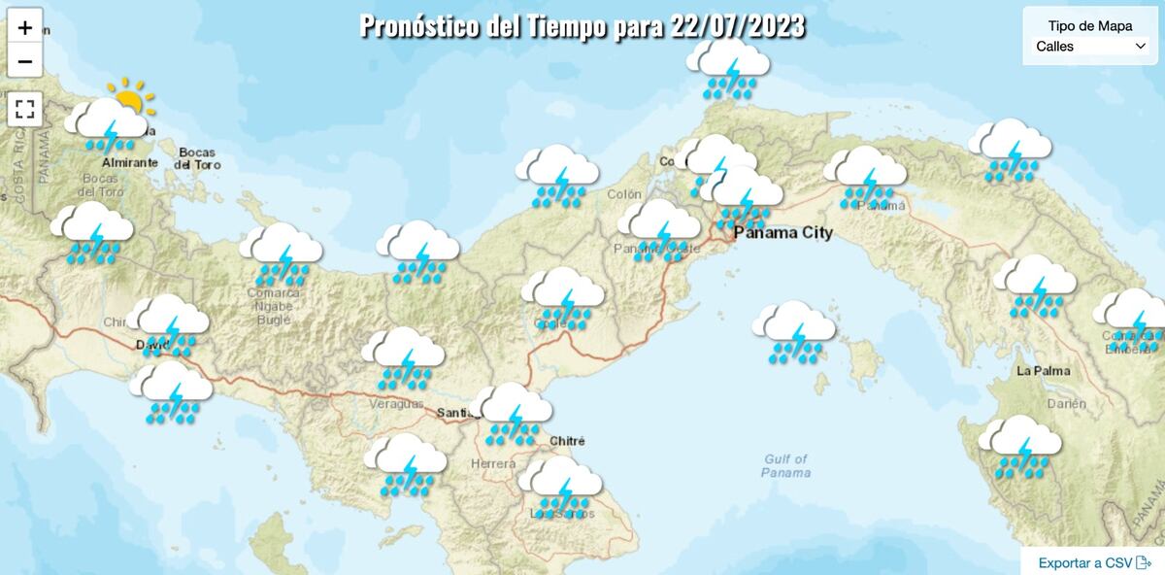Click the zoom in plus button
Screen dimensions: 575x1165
point(25,27)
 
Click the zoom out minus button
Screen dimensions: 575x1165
point(25,61)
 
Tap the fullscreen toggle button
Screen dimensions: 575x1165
point(25,108)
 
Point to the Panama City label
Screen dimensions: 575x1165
point(782,233)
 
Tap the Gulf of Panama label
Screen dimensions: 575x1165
point(785,466)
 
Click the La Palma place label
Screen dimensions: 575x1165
point(1043,371)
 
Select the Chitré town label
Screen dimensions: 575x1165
point(568,441)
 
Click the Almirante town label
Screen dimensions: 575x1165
point(129,162)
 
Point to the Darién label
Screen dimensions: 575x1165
point(1066,403)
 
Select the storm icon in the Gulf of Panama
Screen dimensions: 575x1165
point(794,332)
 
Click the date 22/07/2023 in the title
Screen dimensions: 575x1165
point(738,26)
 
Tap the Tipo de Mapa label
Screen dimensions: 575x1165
point(1090,26)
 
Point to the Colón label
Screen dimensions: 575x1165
point(624,194)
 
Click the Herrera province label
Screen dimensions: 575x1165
point(493,464)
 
